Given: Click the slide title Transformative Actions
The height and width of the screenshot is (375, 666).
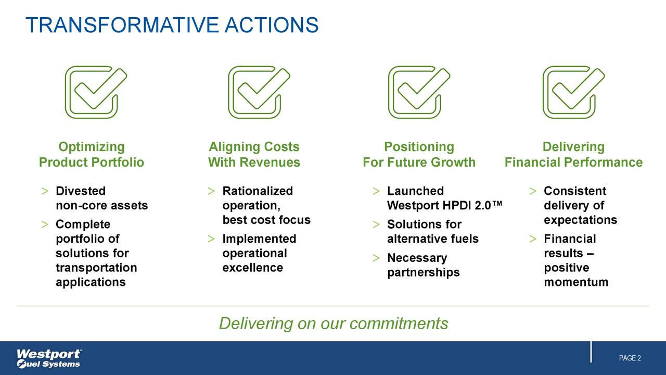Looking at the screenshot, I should click(x=172, y=24).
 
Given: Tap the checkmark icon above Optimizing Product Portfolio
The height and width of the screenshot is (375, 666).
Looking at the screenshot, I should click(x=95, y=92).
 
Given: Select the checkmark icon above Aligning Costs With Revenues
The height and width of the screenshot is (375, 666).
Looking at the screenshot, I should click(x=259, y=92).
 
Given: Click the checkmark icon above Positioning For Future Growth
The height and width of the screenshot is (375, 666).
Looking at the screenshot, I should click(x=418, y=92).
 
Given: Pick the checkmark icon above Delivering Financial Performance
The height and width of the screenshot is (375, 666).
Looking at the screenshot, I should click(x=573, y=92).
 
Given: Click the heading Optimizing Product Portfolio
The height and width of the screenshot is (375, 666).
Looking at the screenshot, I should click(x=92, y=155).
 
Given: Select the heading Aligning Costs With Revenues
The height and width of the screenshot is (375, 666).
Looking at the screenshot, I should click(x=254, y=155).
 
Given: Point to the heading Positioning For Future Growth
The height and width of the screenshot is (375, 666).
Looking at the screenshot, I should click(x=419, y=155).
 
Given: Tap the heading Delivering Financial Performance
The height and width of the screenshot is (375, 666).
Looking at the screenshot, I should click(x=573, y=155).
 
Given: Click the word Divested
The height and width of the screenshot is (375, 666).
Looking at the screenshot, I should click(x=81, y=191).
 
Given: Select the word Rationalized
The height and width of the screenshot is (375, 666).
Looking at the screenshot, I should click(x=258, y=191).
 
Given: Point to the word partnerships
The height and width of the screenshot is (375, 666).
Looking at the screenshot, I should click(x=424, y=272).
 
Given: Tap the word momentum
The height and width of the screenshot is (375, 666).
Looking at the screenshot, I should click(x=576, y=282).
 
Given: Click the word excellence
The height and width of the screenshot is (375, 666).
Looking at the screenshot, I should click(x=252, y=268).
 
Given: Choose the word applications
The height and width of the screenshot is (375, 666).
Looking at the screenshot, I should click(x=91, y=282).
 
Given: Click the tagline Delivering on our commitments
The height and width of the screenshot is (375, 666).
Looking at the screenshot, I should click(x=333, y=323).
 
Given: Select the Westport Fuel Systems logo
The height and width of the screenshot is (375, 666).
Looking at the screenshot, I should click(x=49, y=358).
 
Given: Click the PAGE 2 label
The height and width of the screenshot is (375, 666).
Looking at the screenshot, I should click(x=630, y=358).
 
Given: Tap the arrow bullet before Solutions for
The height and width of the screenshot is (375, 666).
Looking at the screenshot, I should click(x=376, y=224).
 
